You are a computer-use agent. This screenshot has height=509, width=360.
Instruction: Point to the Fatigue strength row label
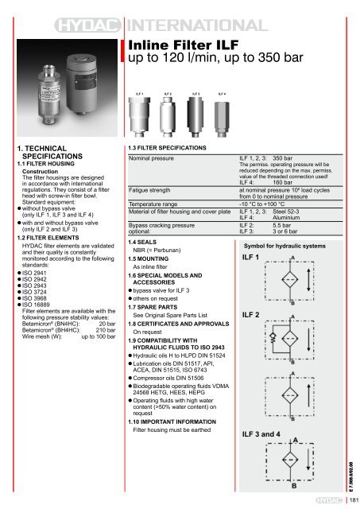click(153, 190)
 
